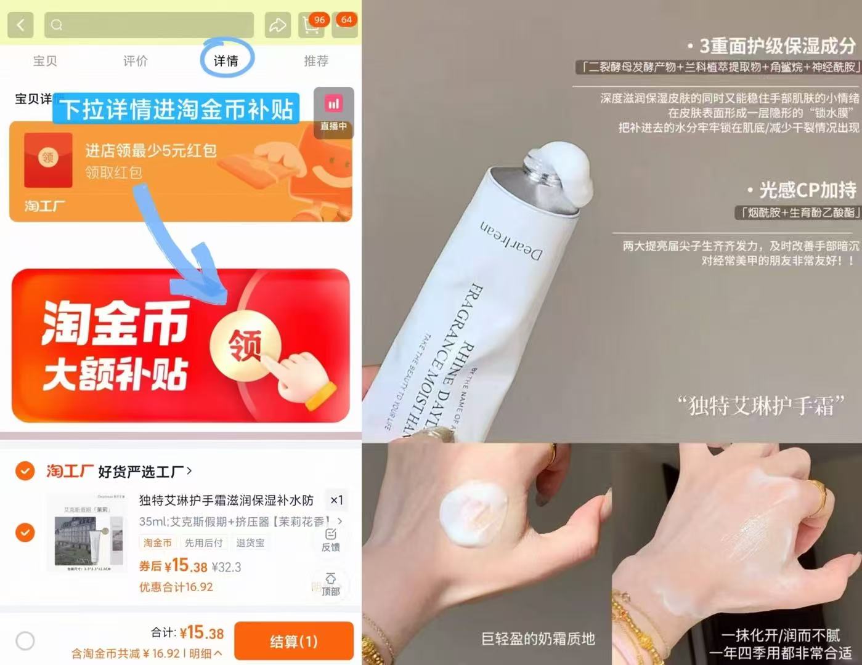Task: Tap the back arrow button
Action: click(20, 25)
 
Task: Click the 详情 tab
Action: click(226, 60)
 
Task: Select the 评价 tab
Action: click(135, 60)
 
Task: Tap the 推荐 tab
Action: click(316, 60)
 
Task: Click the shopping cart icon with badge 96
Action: click(312, 25)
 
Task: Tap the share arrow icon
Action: click(277, 25)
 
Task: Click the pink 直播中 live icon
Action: click(333, 111)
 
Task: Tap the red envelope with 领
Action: click(48, 158)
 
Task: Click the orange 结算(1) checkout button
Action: click(294, 641)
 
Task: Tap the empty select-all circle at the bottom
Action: click(25, 641)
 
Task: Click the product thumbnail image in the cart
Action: click(87, 533)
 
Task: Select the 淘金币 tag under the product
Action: click(158, 542)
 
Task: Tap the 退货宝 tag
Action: click(250, 542)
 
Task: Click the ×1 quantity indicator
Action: click(336, 500)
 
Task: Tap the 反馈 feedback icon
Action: click(331, 539)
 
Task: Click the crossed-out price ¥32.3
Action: click(226, 566)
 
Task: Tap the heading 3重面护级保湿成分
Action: click(777, 46)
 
